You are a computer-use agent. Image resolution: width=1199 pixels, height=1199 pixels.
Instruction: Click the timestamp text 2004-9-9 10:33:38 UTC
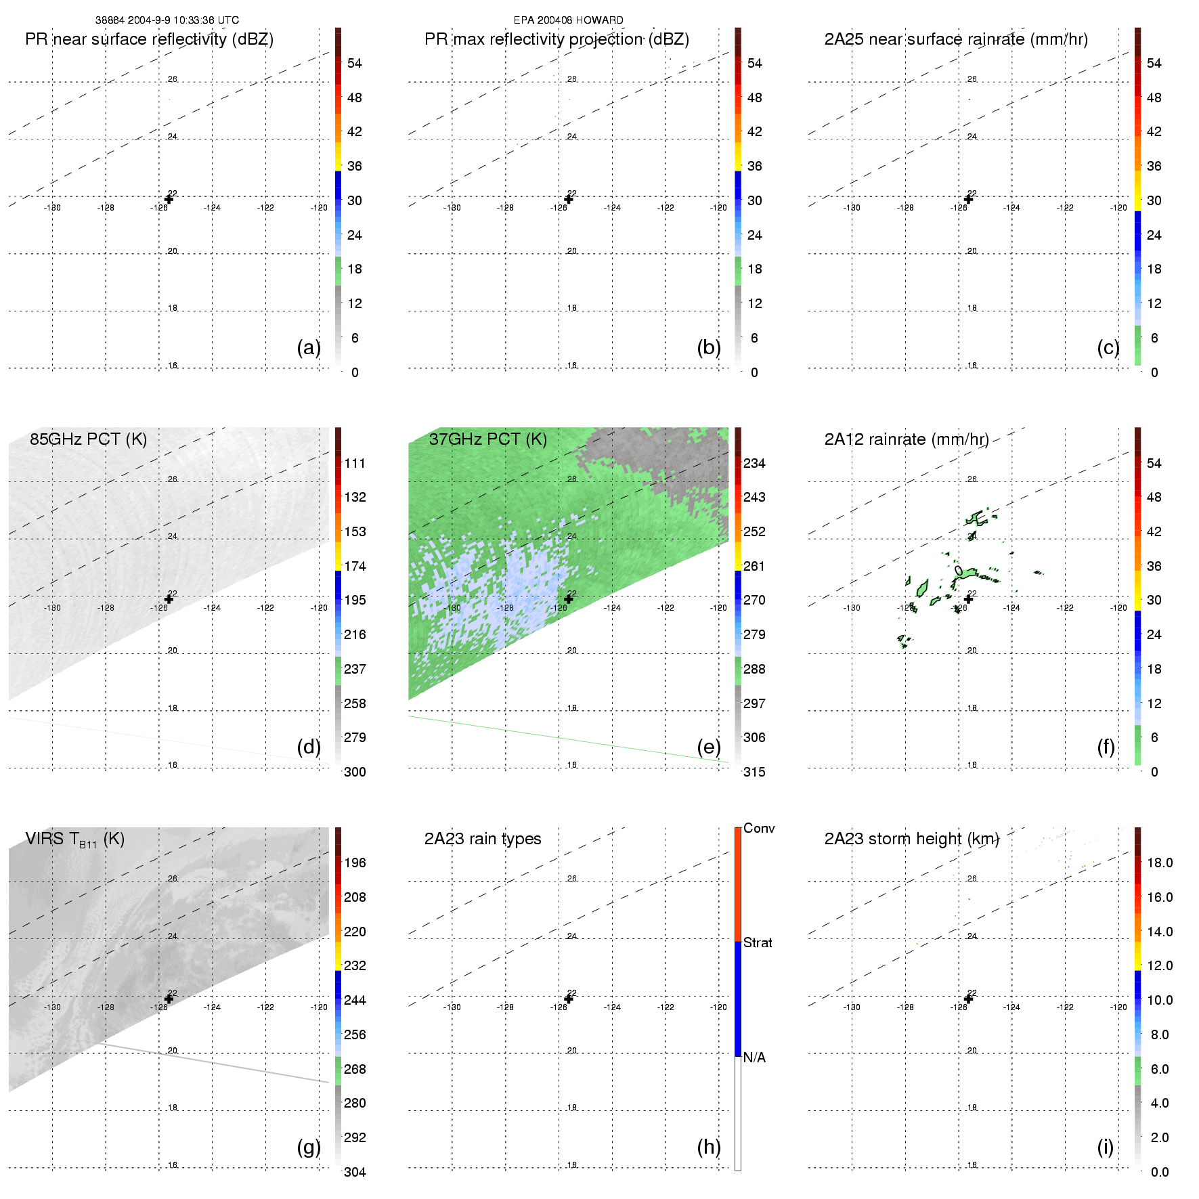point(182,20)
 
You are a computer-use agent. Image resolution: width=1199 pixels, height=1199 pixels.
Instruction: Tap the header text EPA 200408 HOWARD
point(568,20)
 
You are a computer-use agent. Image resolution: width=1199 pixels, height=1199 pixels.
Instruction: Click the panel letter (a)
point(309,347)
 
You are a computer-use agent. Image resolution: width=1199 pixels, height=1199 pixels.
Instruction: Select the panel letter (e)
point(709,747)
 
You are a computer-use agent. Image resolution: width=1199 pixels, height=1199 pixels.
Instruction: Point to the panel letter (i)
point(1105,1147)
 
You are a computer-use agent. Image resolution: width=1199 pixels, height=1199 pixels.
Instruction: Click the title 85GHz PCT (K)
point(88,439)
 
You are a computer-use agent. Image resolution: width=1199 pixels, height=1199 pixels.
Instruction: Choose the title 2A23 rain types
point(483,839)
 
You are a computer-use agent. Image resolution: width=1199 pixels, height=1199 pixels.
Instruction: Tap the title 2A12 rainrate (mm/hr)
point(907,439)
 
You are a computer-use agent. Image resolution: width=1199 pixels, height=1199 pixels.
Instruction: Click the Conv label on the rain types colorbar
point(759,828)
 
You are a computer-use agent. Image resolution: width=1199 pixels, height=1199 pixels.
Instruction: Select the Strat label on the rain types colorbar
point(758,942)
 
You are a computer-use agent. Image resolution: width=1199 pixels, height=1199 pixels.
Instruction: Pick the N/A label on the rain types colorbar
point(754,1058)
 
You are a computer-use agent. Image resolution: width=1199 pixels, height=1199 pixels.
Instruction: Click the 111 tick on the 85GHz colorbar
point(355,463)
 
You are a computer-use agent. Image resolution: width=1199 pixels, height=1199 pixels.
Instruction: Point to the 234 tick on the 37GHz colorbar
point(754,463)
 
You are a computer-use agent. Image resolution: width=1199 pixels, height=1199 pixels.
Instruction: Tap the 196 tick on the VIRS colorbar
point(355,863)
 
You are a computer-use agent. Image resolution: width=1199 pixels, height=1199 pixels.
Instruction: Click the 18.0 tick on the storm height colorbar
point(1159,863)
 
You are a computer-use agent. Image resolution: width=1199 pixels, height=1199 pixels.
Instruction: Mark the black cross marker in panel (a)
point(169,199)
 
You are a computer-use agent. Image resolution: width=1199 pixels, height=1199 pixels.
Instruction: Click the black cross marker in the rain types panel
point(569,999)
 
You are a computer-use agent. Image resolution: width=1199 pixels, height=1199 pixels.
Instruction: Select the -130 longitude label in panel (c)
point(852,208)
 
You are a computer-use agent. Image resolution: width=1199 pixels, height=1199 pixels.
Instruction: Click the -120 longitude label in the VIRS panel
point(319,1007)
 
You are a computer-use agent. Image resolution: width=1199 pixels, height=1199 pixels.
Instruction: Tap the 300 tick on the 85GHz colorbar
point(355,772)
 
